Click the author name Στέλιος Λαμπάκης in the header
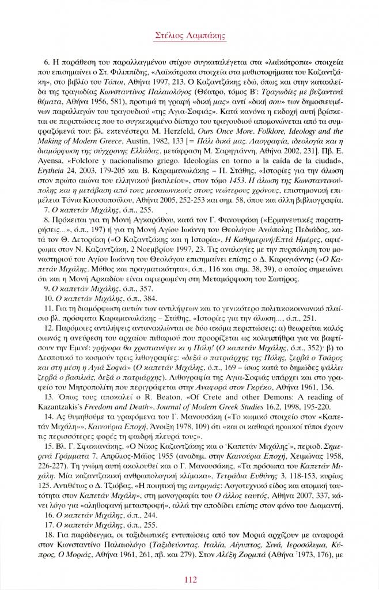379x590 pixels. [x=189, y=36]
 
